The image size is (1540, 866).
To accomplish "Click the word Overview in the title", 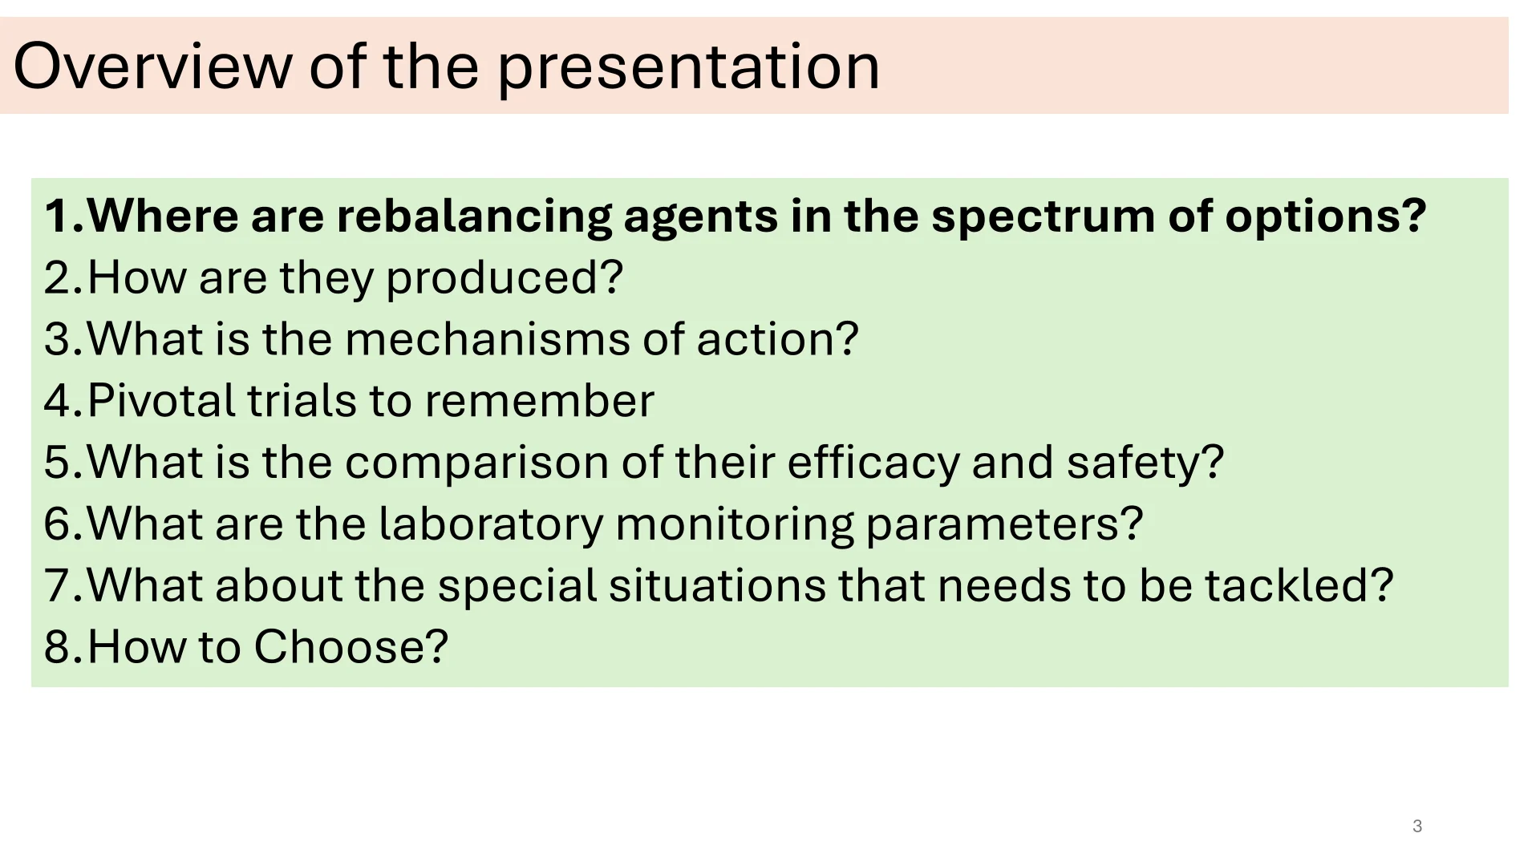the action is [153, 66].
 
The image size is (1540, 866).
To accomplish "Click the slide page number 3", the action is [1417, 826].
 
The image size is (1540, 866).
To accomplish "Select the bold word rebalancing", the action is [474, 216].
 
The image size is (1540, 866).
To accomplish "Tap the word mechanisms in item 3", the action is [488, 339].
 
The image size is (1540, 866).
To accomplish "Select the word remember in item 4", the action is [540, 400].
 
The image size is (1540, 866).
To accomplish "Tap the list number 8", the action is [58, 647].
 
